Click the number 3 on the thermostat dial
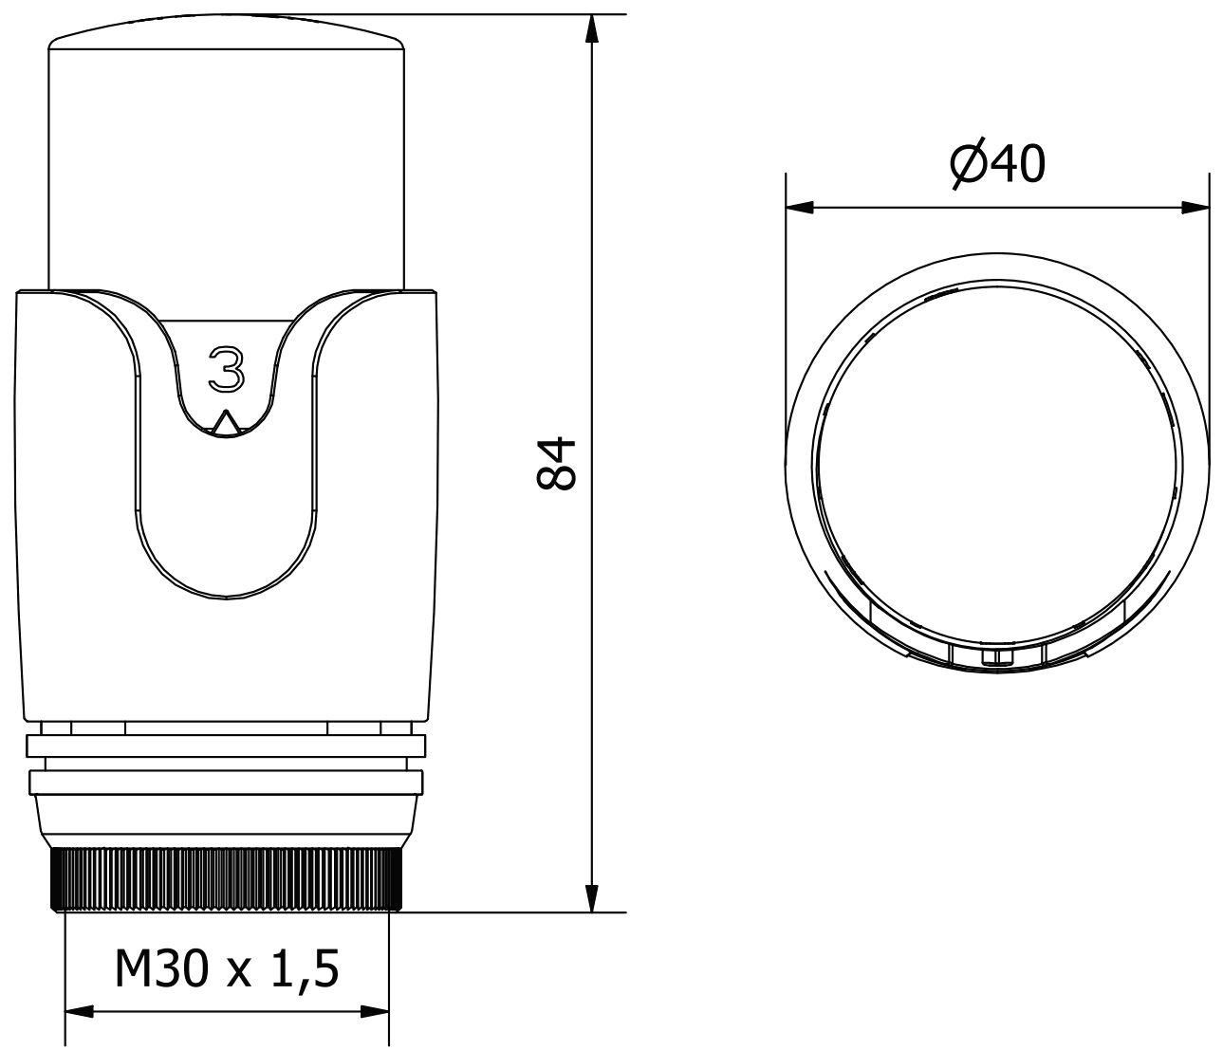point(226,369)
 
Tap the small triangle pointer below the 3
point(226,424)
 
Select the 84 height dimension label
point(555,463)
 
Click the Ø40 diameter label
point(997,164)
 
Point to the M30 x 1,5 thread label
point(227,969)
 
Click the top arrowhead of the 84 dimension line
point(592,28)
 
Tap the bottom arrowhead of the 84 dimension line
point(592,897)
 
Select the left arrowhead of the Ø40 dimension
point(799,207)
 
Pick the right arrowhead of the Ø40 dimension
point(1195,207)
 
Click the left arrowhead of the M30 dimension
point(80,1011)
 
